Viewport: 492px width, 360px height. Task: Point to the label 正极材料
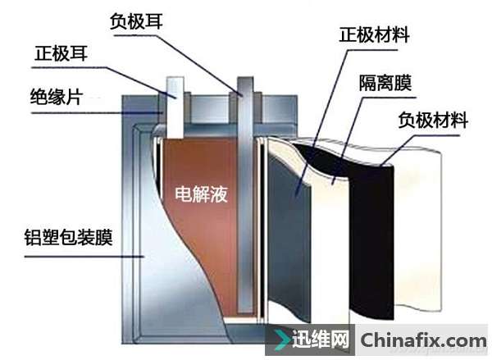pos(374,35)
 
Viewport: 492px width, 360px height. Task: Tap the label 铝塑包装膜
pos(57,239)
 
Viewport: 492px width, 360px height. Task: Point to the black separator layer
pos(336,164)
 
